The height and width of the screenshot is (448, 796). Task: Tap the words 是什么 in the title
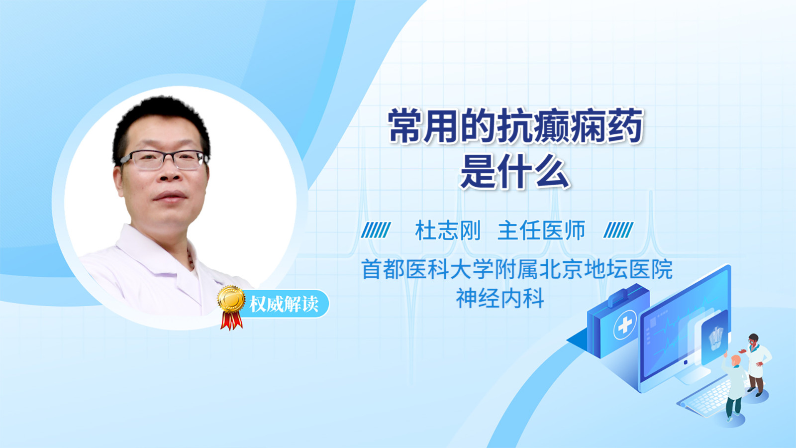click(515, 171)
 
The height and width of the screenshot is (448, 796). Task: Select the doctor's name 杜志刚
click(448, 230)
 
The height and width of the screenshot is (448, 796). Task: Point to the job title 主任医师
click(541, 230)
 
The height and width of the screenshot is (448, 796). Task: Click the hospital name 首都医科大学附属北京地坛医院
click(517, 269)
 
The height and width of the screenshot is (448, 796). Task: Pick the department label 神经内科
click(500, 298)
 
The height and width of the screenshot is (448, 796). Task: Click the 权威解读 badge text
click(284, 304)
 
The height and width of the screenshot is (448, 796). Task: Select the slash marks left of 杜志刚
click(376, 230)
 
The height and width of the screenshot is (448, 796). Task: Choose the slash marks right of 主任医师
click(618, 230)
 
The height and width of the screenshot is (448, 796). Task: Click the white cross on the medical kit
click(624, 325)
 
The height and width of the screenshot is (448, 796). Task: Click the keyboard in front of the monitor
click(705, 399)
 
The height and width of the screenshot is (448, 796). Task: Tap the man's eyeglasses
click(164, 160)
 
